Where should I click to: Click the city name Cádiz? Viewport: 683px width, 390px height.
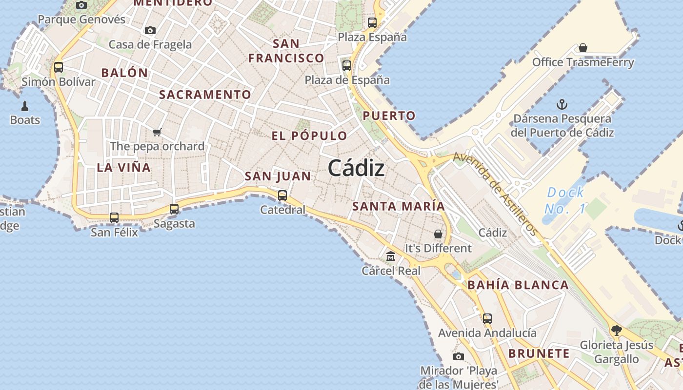[356, 169]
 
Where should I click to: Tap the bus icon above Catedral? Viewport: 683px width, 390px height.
[282, 195]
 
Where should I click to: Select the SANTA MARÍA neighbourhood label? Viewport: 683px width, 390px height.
[399, 206]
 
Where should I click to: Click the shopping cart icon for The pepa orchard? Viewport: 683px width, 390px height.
[157, 132]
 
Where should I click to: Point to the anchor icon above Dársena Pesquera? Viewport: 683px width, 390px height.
[562, 104]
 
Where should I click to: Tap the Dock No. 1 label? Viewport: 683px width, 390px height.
[564, 200]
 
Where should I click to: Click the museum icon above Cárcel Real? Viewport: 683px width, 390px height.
[391, 256]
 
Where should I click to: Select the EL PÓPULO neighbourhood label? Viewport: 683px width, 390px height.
[309, 136]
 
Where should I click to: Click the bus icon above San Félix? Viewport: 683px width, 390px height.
[114, 218]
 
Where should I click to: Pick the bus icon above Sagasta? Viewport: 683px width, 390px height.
[174, 209]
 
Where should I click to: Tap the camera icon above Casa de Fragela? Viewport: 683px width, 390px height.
[150, 31]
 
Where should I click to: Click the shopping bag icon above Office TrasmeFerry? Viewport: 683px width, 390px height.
[583, 48]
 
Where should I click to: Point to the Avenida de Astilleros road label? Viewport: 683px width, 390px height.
[495, 194]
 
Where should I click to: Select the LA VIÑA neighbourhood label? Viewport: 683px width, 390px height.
[123, 168]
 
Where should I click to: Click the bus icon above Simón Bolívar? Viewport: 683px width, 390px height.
[59, 67]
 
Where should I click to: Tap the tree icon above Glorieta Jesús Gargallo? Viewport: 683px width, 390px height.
[616, 331]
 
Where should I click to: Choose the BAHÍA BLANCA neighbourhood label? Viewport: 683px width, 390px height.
[518, 285]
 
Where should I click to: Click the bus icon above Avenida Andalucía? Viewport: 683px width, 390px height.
[487, 319]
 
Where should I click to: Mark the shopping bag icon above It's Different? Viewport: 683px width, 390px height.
[438, 234]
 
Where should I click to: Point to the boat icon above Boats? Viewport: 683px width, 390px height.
[25, 106]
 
